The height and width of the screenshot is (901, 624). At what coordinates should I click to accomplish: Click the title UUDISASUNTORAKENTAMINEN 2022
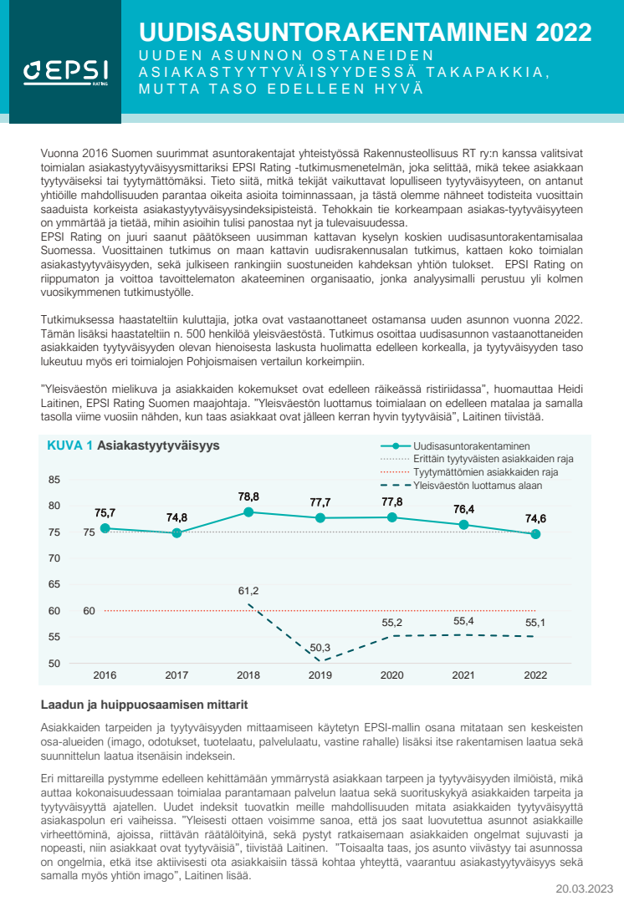366,33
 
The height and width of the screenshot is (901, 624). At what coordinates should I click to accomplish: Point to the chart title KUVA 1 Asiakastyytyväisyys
133,446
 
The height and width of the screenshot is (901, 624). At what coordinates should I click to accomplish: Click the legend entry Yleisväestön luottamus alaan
478,485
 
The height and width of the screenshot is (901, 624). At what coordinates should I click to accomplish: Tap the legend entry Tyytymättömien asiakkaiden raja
486,472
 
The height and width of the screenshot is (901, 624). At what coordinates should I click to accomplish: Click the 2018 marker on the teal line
248,512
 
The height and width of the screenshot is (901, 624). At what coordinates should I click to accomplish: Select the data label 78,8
248,496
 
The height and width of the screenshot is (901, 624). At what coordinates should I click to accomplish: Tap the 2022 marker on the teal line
536,534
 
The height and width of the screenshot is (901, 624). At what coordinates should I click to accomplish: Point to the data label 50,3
320,648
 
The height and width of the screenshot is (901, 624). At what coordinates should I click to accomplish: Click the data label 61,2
248,591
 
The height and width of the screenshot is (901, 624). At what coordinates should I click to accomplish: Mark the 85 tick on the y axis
54,479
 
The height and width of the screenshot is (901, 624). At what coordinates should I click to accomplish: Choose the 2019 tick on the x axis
320,675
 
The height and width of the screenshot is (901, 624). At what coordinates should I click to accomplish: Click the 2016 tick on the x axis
105,675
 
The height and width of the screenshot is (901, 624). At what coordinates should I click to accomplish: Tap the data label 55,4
464,621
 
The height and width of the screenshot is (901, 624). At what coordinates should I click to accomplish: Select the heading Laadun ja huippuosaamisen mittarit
144,705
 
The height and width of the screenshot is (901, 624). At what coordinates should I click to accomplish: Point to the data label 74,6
536,518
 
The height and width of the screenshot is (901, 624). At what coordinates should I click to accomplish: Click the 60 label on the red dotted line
89,610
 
